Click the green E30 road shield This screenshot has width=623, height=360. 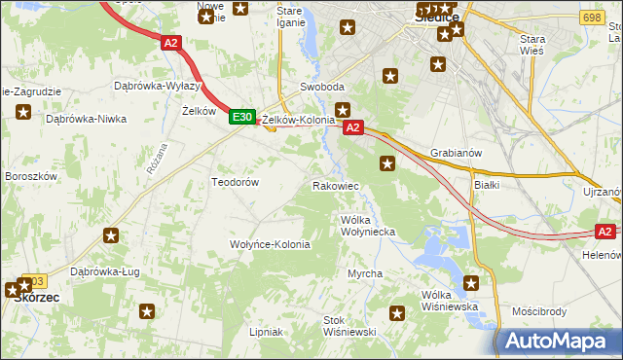coord(242,117)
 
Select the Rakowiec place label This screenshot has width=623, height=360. coord(336,185)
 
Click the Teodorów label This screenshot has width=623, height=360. coord(235,182)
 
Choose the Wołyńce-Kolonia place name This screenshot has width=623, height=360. coord(270,244)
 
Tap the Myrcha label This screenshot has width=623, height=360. coord(365,274)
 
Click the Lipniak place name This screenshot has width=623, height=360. coord(266,332)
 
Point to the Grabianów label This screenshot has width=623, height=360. coord(457,153)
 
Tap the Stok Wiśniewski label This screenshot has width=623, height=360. coord(349,326)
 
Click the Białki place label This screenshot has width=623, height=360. coord(486,184)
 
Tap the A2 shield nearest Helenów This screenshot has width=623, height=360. coord(605,232)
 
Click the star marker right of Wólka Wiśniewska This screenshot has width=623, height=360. coord(472,284)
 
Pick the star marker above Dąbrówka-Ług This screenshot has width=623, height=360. coord(112,235)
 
